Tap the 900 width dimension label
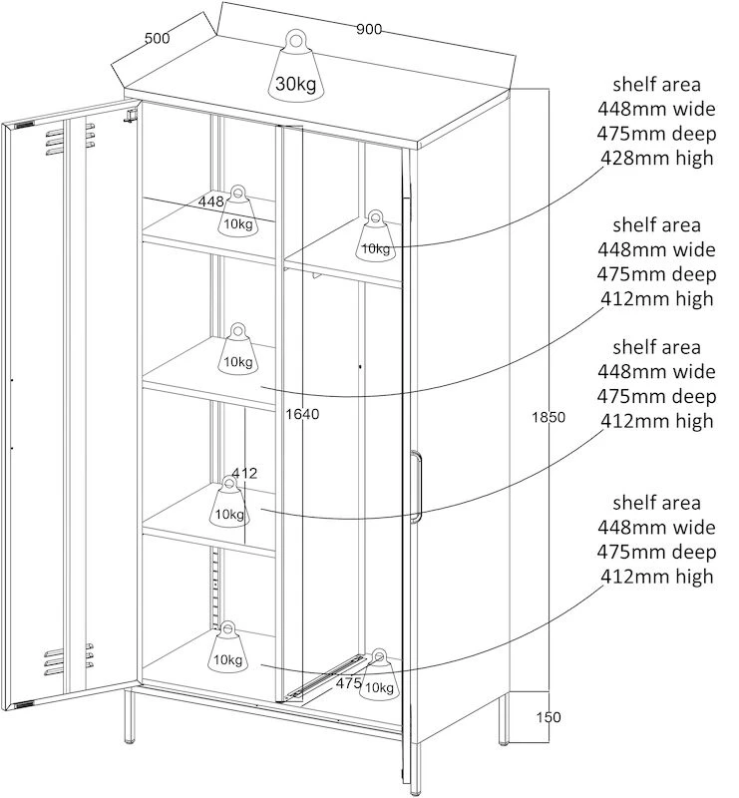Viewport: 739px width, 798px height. (368, 29)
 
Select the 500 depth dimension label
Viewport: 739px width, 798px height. (158, 38)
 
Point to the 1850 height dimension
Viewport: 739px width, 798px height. (549, 417)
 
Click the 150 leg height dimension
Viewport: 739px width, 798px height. (549, 717)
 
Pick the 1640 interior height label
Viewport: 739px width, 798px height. (302, 414)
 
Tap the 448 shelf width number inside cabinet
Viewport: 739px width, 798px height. (210, 201)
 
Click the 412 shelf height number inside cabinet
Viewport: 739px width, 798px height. (244, 473)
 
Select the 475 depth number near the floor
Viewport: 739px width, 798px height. (349, 683)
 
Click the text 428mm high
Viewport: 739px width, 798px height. (656, 158)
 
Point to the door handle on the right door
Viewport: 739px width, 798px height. (416, 487)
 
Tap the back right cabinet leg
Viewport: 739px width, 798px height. (504, 718)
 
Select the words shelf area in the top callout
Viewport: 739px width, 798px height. (656, 85)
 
